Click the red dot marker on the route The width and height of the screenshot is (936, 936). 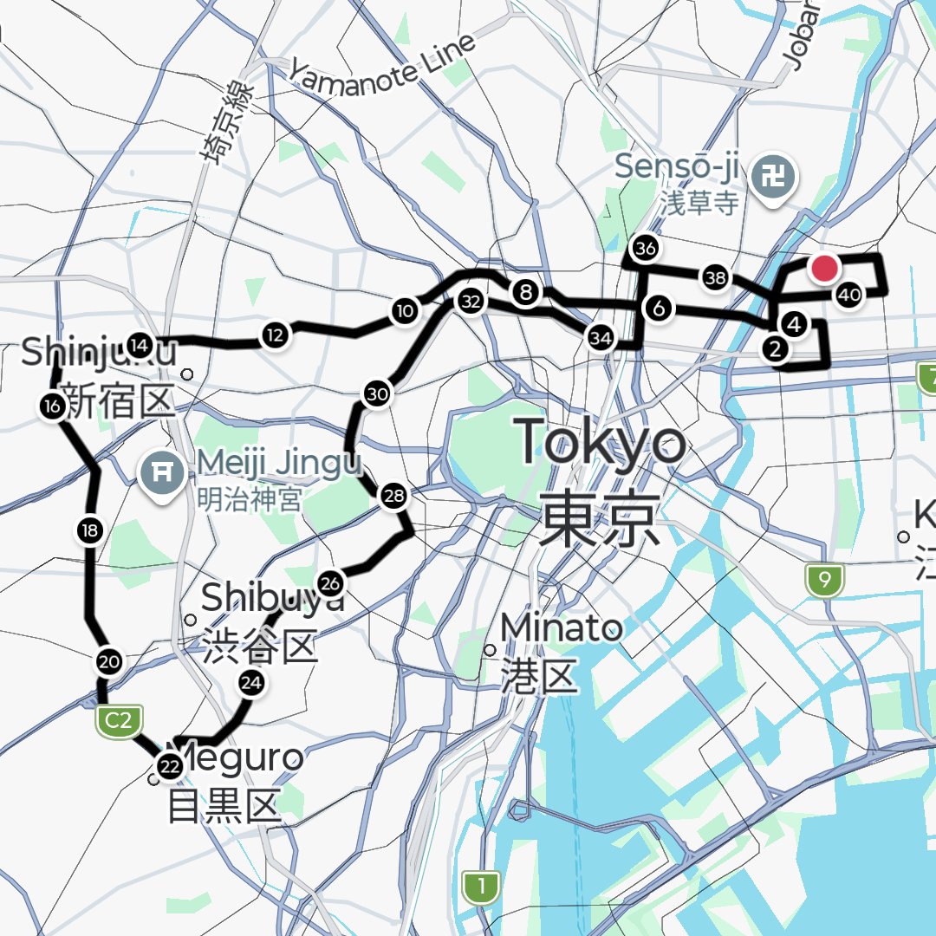point(824,269)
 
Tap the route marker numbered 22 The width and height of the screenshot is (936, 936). point(169,766)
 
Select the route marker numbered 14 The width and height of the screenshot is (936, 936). point(139,346)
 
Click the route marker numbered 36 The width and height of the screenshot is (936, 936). point(646,250)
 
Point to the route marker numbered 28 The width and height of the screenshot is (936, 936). point(393,497)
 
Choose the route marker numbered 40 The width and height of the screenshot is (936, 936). point(849,296)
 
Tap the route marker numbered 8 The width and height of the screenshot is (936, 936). point(526,292)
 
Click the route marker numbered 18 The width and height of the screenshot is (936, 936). point(90,530)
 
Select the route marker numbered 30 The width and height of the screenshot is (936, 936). point(378,394)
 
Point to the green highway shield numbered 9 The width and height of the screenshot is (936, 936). point(824,580)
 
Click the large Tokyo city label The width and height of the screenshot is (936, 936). point(601,442)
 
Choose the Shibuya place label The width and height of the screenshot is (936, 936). point(272,597)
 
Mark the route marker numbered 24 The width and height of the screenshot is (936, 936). point(251,684)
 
